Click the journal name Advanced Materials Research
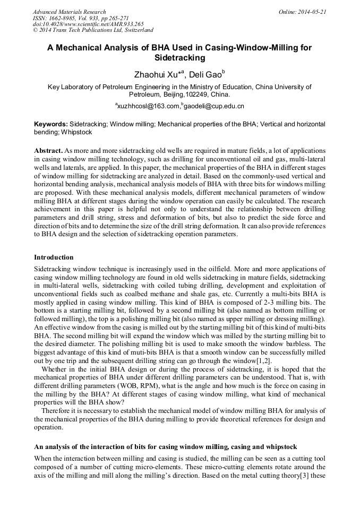(69, 12)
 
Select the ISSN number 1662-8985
(62, 18)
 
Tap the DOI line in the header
(88, 24)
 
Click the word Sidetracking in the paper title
(179, 57)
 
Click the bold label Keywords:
(50, 123)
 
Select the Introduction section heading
(54, 257)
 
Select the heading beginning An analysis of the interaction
(165, 447)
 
